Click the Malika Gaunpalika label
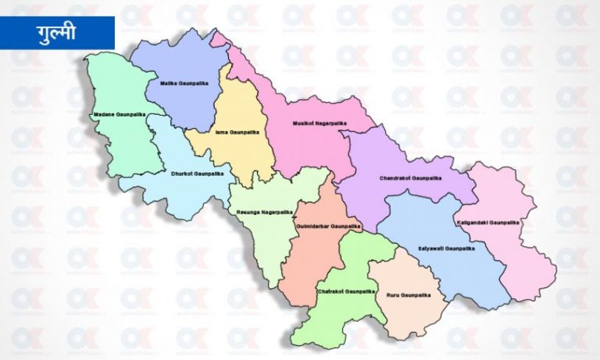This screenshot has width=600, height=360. point(185,84)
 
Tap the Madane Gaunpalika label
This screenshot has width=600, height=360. point(120,115)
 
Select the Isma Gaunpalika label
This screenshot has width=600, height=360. point(230,133)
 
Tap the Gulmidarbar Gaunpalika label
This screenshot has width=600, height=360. point(326,226)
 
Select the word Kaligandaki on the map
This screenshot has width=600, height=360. point(479,222)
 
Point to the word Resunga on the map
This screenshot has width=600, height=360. point(249,211)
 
